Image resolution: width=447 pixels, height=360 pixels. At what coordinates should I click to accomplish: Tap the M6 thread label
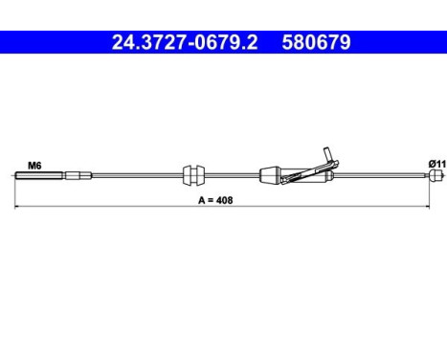click(x=34, y=166)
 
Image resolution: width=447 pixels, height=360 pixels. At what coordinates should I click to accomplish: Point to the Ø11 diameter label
click(x=435, y=165)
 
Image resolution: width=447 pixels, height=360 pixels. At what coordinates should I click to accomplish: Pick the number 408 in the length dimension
click(x=224, y=200)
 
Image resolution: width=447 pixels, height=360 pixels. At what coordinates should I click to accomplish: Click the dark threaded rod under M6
click(x=38, y=175)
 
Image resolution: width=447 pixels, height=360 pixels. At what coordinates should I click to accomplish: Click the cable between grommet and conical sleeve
click(x=230, y=175)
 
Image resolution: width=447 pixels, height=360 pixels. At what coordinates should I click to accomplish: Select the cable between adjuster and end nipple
click(x=383, y=175)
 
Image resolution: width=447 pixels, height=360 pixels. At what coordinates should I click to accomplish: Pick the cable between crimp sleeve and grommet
click(x=134, y=175)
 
